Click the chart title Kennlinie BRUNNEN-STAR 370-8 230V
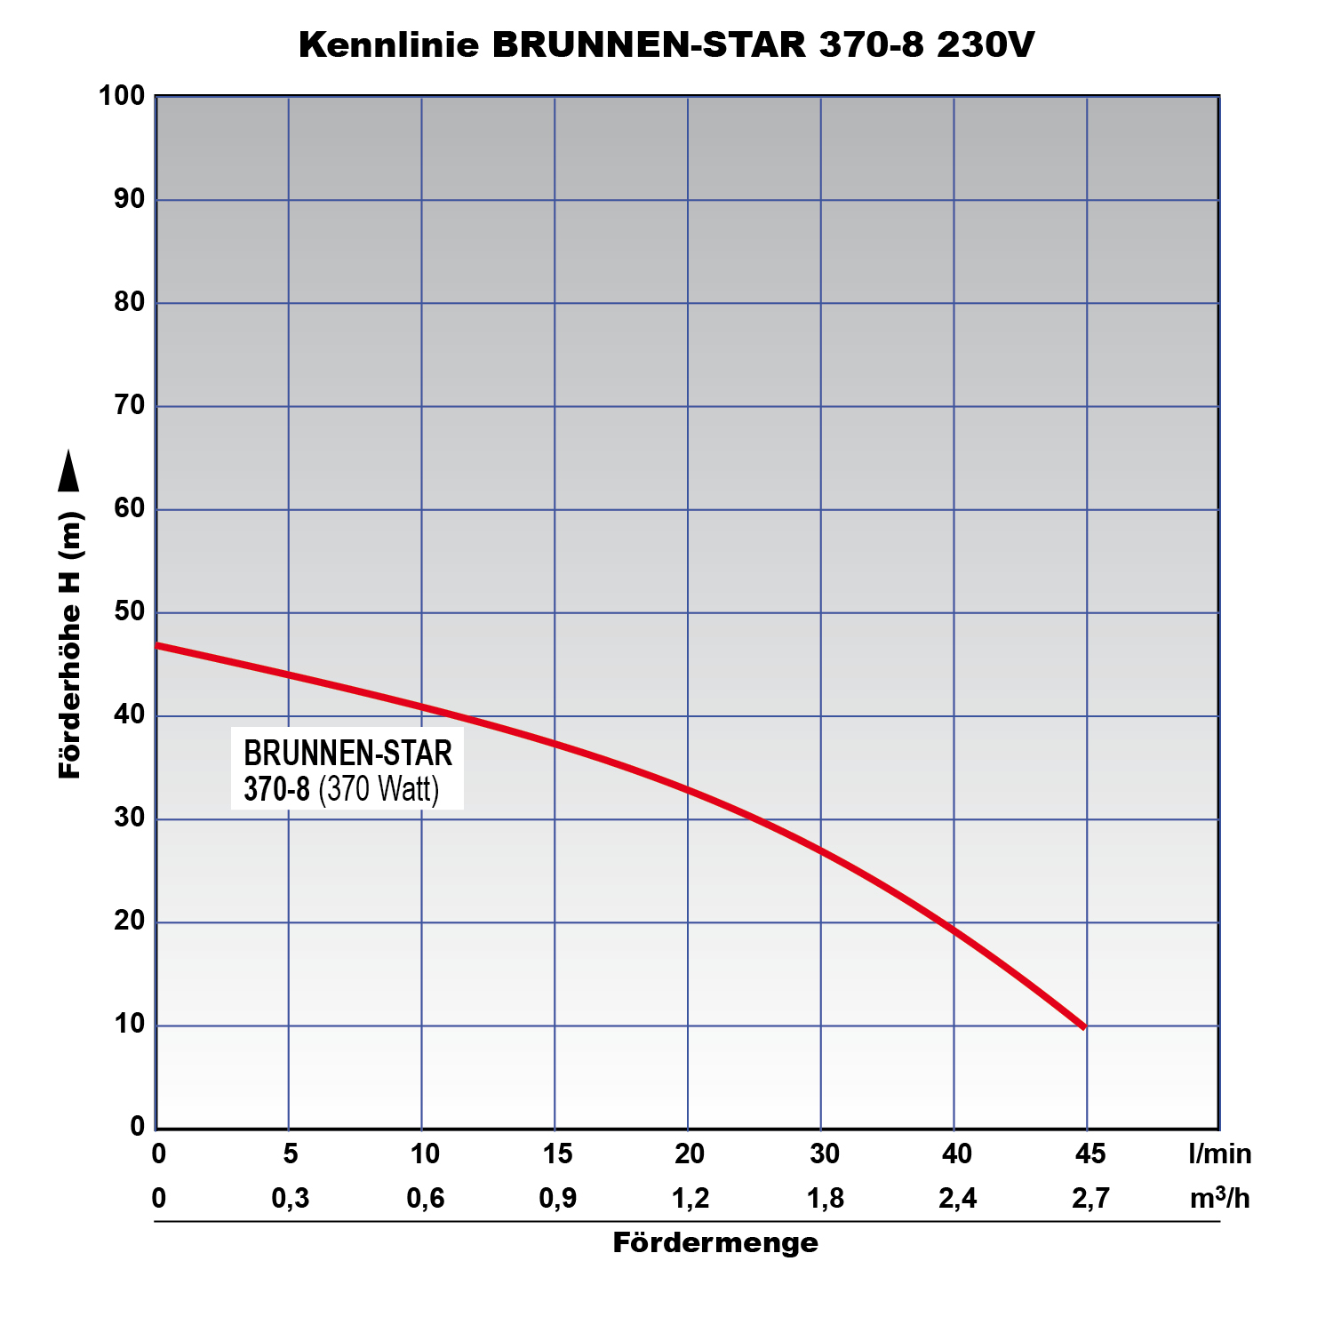pyautogui.click(x=666, y=45)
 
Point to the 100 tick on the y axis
pyautogui.click(x=123, y=95)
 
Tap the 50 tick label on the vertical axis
pyautogui.click(x=129, y=611)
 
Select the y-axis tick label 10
pyautogui.click(x=129, y=1024)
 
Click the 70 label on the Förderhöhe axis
pyautogui.click(x=129, y=405)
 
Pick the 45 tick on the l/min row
pyautogui.click(x=1090, y=1153)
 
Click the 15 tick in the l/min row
pyautogui.click(x=557, y=1153)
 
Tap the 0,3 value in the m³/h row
pyautogui.click(x=291, y=1198)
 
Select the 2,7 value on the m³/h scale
pyautogui.click(x=1090, y=1198)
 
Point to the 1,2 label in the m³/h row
pyautogui.click(x=690, y=1198)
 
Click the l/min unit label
pyautogui.click(x=1220, y=1154)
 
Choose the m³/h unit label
pyautogui.click(x=1220, y=1198)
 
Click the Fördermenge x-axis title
pyautogui.click(x=715, y=1242)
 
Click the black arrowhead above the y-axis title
pyautogui.click(x=68, y=471)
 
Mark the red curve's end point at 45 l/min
pyautogui.click(x=1082, y=1026)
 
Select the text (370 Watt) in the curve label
pyautogui.click(x=379, y=789)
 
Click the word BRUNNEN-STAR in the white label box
pyautogui.click(x=348, y=753)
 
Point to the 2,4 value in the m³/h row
pyautogui.click(x=957, y=1198)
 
